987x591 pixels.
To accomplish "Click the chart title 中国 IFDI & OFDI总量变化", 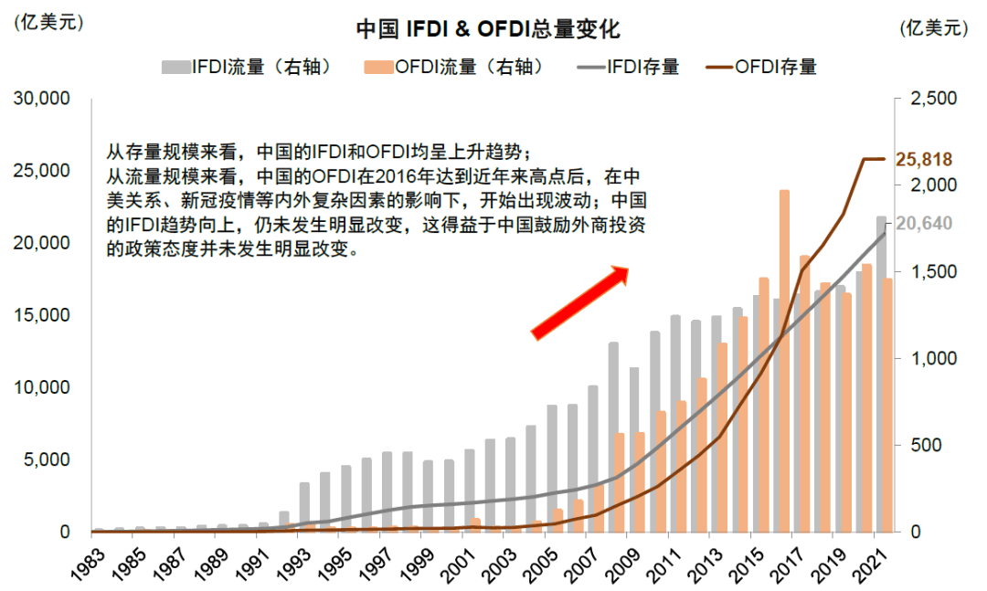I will [488, 29].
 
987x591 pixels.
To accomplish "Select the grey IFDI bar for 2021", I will [881, 374].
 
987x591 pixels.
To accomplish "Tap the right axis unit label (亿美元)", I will [933, 28].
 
